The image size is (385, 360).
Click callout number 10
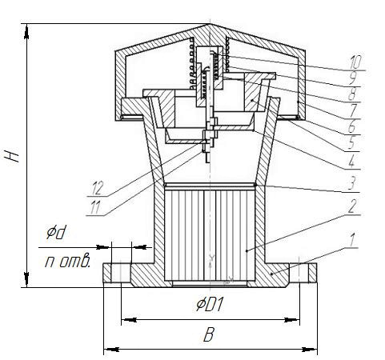[x=355, y=62]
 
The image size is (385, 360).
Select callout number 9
[x=353, y=78]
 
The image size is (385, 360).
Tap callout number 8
[x=352, y=94]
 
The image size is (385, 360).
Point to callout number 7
[x=353, y=110]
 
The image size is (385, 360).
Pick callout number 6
[x=352, y=126]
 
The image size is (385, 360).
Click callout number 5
[x=352, y=142]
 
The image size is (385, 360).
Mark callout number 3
[x=352, y=183]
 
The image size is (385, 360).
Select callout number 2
[x=352, y=206]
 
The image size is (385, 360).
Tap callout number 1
[x=352, y=239]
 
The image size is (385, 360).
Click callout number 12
[x=97, y=189]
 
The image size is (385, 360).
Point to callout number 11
[x=95, y=207]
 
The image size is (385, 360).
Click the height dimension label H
[x=11, y=156]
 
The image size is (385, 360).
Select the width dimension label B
[x=209, y=334]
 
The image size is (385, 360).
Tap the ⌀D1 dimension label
[x=210, y=305]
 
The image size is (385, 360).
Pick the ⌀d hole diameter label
[x=56, y=232]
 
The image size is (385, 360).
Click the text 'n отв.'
[x=67, y=262]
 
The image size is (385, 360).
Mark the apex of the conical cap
[x=210, y=24]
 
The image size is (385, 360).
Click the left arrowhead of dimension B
[x=111, y=349]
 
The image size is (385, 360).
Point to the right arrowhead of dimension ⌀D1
[x=292, y=320]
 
